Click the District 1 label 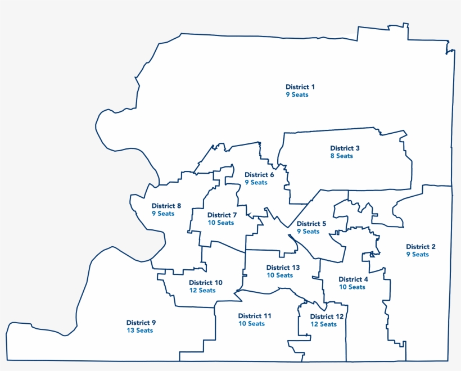coord(300,87)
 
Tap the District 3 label coord(345,148)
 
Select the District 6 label coord(259,175)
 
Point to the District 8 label coord(166,206)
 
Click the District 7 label coord(222,215)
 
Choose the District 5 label coord(311,224)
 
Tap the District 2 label coord(421,247)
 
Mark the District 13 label coord(283,268)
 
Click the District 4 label coord(354,279)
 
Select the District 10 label coord(205,283)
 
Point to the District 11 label coord(255,316)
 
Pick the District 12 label coord(327,316)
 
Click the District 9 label coord(141,323)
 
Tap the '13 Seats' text coord(139,331)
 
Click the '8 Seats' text coord(341,156)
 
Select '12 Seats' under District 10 coord(202,291)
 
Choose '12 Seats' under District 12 coord(323,324)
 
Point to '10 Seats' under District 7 coord(221,223)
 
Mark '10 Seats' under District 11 coord(251,324)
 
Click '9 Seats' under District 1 coord(297,95)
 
